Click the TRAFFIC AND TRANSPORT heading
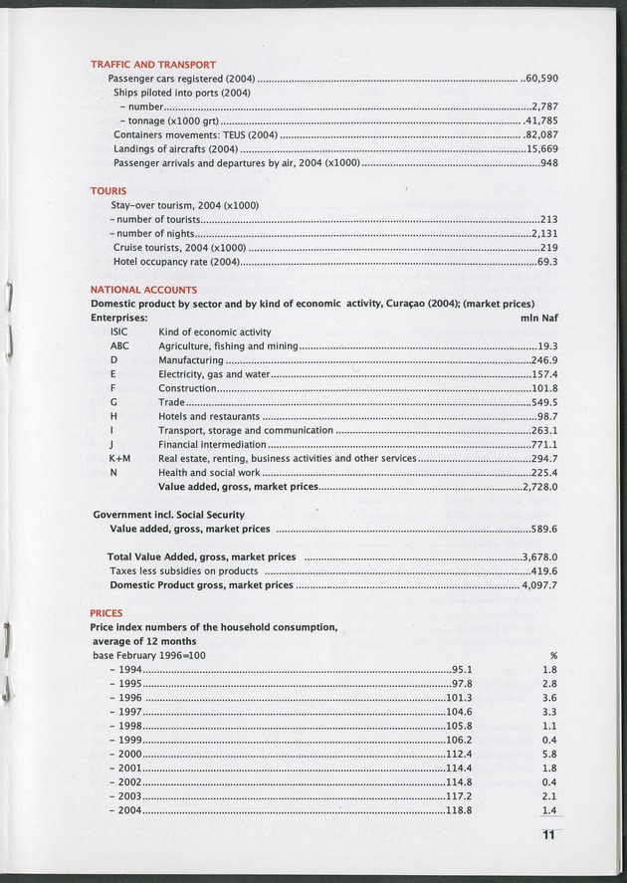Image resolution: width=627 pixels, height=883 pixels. click(153, 64)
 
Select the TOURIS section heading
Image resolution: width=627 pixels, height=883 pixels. click(108, 189)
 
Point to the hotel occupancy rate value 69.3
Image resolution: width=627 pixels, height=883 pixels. click(546, 261)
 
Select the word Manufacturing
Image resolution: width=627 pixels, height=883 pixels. click(190, 359)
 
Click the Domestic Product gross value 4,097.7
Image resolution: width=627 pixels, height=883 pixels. click(539, 585)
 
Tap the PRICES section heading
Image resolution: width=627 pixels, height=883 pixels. click(106, 614)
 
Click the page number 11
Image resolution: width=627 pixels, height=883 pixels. click(542, 835)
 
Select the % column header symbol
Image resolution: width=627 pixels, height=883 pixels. click(552, 656)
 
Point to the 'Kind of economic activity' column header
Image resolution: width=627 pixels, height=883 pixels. click(215, 331)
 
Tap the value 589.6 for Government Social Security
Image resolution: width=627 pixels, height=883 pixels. click(543, 529)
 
